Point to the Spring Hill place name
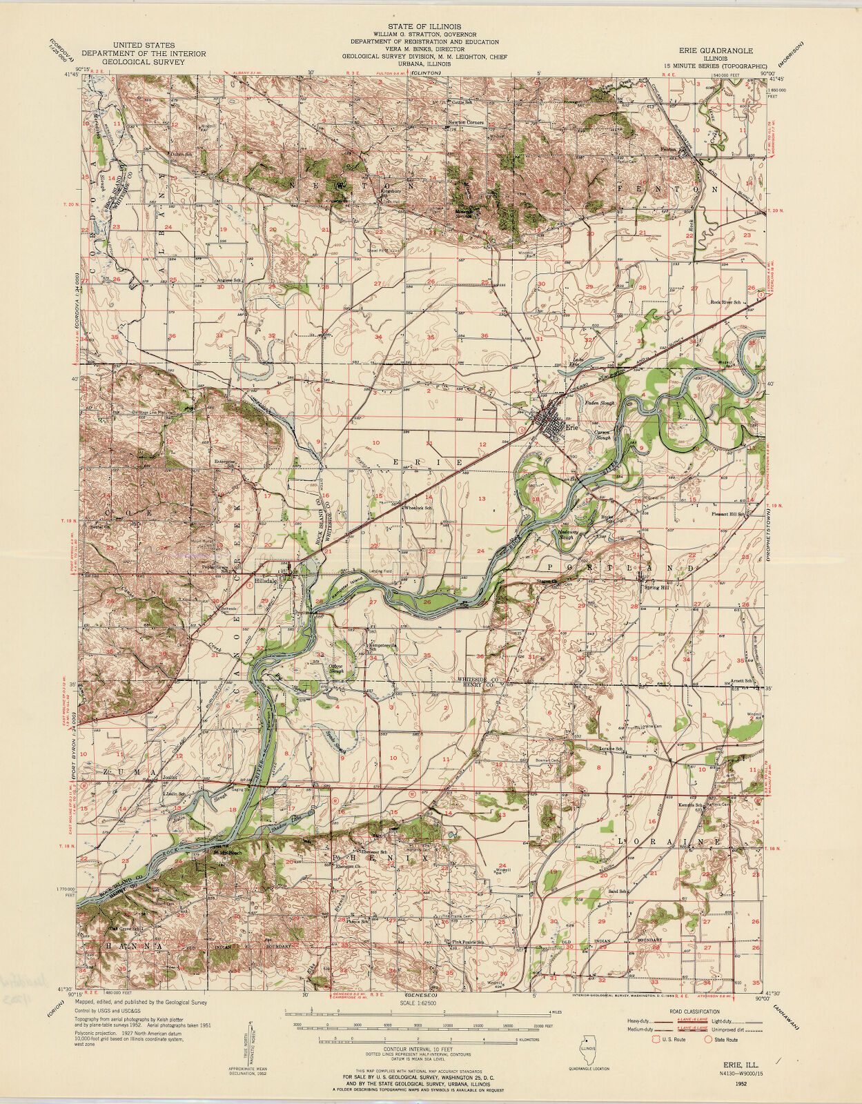click(656, 587)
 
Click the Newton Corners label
click(466, 123)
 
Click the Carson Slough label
click(603, 435)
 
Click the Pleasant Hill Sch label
click(728, 514)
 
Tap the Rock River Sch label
click(726, 302)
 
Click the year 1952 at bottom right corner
click(741, 1084)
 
